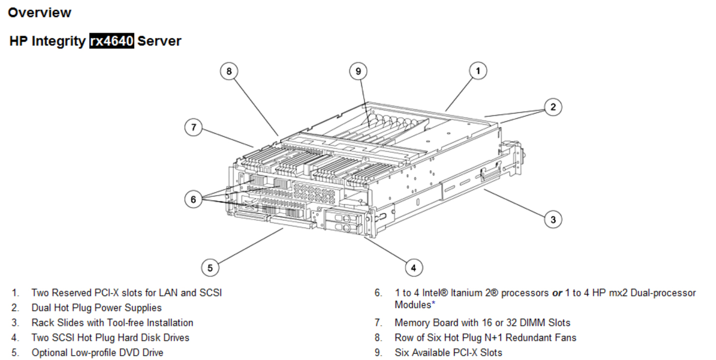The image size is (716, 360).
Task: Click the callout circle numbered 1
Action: click(x=478, y=71)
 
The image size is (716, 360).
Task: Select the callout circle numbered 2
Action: click(x=553, y=107)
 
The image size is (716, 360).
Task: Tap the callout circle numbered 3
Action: click(x=553, y=219)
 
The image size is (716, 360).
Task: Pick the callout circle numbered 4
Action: click(x=413, y=268)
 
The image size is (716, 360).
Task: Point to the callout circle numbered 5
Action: click(x=210, y=268)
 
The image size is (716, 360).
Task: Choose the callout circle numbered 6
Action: click(x=193, y=199)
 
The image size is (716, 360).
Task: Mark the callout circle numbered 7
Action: click(x=193, y=128)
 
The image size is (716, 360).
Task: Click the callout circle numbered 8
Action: click(x=229, y=71)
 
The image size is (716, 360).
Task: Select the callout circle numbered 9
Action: click(x=358, y=71)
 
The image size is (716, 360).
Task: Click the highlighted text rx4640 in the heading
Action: click(x=112, y=41)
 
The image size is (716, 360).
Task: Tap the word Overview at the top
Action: click(x=40, y=12)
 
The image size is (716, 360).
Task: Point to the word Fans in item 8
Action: click(x=565, y=338)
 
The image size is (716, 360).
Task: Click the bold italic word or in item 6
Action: click(x=557, y=293)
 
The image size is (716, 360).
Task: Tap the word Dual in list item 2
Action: click(x=41, y=308)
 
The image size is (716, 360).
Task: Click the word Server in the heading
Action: click(x=159, y=41)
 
